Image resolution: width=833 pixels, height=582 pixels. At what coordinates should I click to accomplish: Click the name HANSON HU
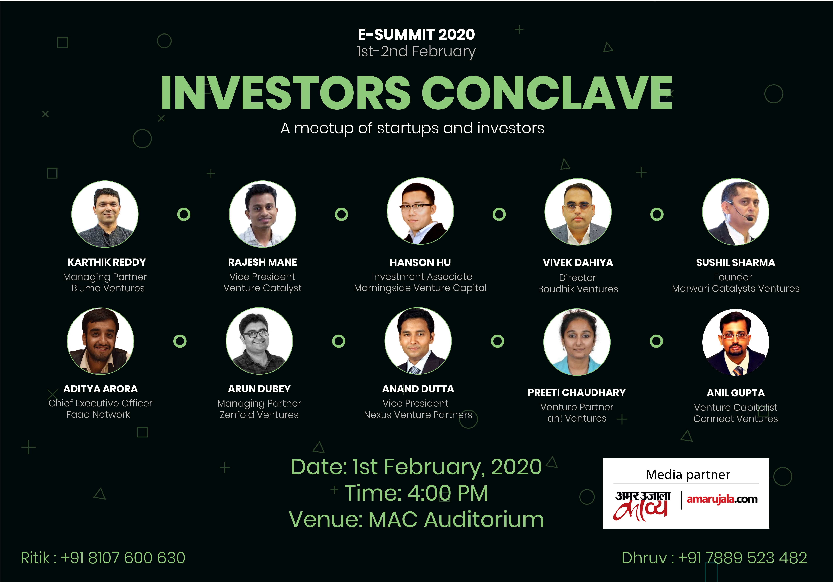[x=420, y=262]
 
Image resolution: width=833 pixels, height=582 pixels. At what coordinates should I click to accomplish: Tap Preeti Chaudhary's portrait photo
[x=577, y=342]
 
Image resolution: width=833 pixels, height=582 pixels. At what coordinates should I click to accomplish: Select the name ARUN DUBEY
[x=259, y=389]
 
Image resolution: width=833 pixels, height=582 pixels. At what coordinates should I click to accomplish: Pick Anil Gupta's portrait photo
[x=735, y=342]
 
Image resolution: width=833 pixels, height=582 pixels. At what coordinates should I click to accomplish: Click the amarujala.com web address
[x=722, y=499]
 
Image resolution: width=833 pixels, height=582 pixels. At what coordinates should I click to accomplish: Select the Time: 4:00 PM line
[x=416, y=493]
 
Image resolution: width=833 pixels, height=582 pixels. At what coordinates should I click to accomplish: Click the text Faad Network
[x=98, y=415]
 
